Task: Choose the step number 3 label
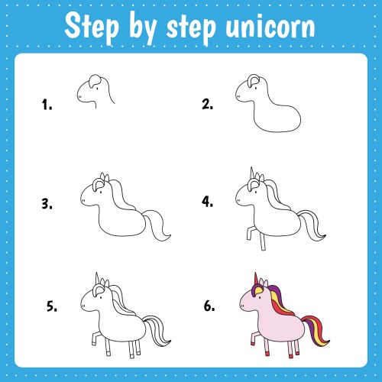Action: (x=47, y=204)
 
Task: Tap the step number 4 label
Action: (x=207, y=202)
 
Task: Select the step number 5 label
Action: (x=52, y=306)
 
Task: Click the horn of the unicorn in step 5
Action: (x=95, y=277)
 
